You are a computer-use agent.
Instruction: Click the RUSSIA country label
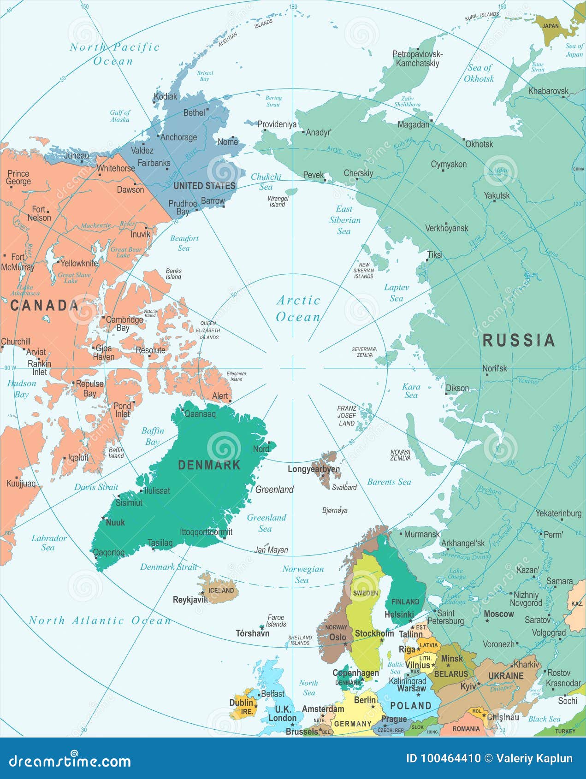pos(519,340)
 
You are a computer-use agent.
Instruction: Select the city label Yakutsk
pos(497,195)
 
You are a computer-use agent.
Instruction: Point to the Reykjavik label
pos(190,600)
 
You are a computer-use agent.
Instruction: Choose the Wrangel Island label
pos(278,201)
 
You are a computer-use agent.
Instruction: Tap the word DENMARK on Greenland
pos(209,465)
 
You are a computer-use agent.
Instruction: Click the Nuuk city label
pos(115,522)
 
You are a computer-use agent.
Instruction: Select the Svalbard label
pos(344,487)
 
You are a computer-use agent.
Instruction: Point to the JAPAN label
pos(550,26)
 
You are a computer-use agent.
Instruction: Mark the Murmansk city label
pos(421,534)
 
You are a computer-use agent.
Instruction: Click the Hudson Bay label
pos(21,389)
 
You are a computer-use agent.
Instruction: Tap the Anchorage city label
pos(178,137)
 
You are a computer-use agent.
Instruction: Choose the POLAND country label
pos(410,706)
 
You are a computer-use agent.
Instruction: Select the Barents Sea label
pos(389,482)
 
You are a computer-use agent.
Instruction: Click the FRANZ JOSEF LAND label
pos(346,415)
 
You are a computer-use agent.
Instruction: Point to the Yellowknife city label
pos(79,263)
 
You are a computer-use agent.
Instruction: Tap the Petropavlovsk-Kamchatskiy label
pos(417,59)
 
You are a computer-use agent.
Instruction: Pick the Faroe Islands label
pos(276,620)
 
